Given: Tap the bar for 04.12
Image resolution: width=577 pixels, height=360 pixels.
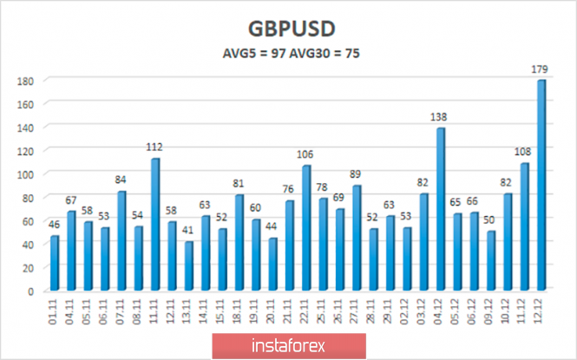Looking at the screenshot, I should click(441, 209).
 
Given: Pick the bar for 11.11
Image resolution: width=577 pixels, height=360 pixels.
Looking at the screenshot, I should click(154, 225).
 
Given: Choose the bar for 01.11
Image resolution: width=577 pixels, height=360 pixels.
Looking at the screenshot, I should click(55, 263).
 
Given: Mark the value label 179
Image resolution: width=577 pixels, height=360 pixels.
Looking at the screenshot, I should click(541, 70).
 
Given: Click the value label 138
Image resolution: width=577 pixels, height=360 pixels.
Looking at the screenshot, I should click(442, 118).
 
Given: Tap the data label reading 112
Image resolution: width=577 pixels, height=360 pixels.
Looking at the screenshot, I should click(154, 148).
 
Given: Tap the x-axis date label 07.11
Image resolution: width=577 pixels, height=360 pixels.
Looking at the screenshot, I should click(121, 310).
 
